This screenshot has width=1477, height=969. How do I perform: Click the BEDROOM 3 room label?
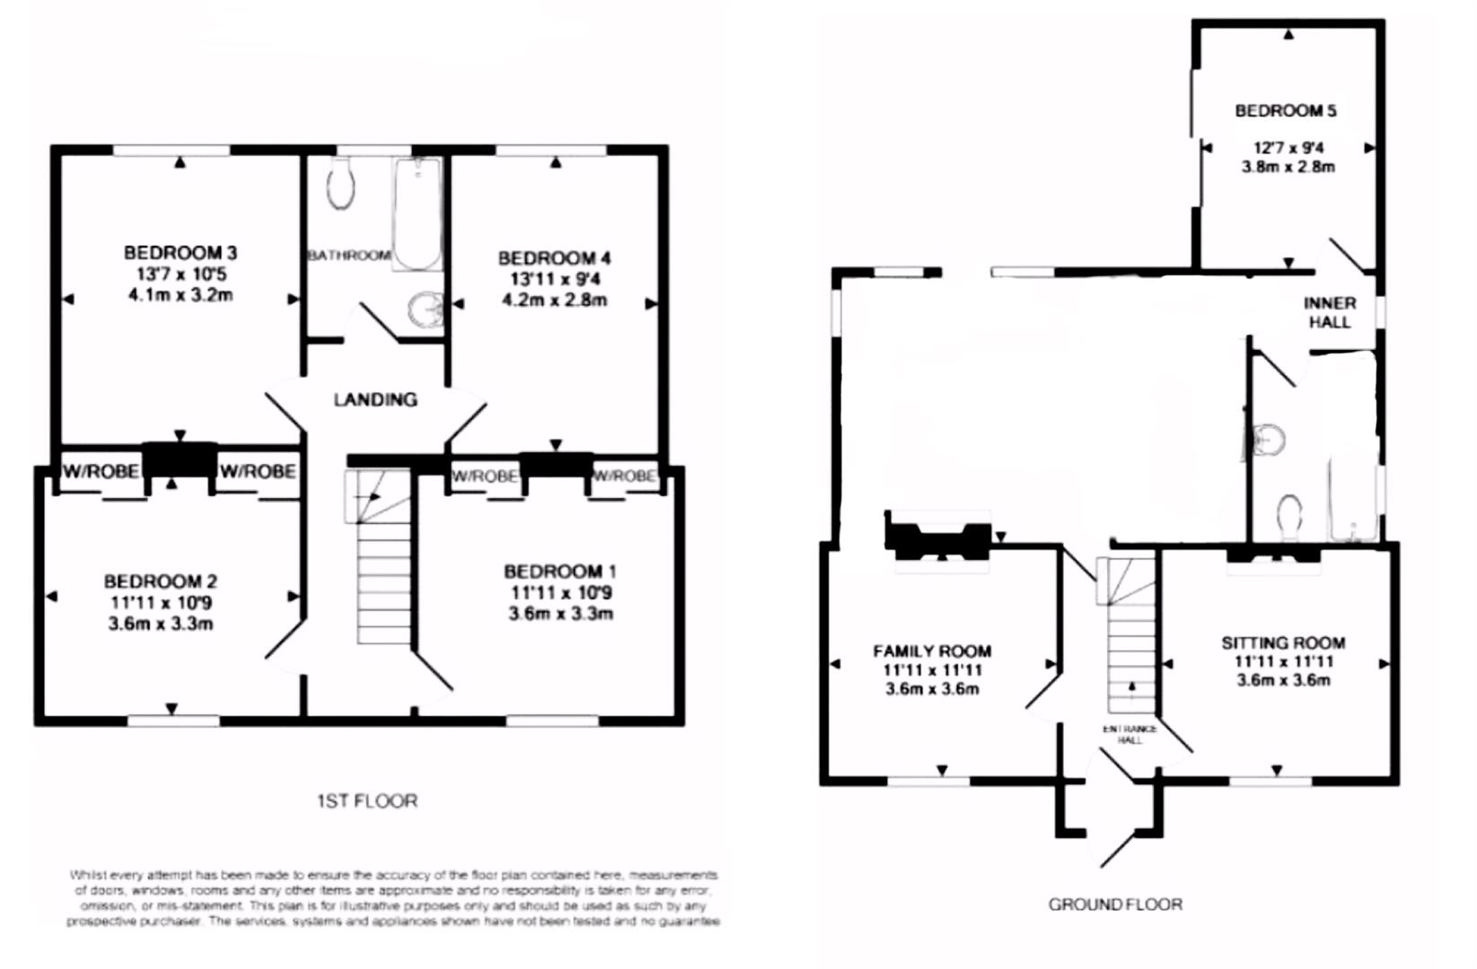coord(180,253)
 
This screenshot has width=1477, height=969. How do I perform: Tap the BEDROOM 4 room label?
coord(554,258)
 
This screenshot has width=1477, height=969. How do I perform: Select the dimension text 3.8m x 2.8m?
coord(1288,167)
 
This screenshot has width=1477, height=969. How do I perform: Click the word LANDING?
coord(375,400)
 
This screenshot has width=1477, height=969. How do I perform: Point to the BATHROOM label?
coord(349,256)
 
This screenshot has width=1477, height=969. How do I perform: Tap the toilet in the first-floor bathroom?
coord(340,185)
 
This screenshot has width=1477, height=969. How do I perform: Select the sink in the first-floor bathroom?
coord(426,310)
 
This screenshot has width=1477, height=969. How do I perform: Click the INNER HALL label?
coord(1330,312)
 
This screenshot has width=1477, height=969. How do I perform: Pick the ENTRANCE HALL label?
coord(1130,735)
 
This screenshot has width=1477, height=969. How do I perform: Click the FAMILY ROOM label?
coord(932,651)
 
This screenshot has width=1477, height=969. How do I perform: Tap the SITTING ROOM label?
coord(1282,643)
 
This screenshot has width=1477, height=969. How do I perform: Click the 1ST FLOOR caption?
coord(367,800)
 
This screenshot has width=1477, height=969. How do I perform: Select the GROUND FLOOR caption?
coord(1115,904)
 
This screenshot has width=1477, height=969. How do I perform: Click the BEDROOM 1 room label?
coord(559,572)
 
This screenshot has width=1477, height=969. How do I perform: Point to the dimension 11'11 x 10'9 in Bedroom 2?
coord(161,603)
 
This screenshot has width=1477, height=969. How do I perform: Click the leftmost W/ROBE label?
coord(101,472)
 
